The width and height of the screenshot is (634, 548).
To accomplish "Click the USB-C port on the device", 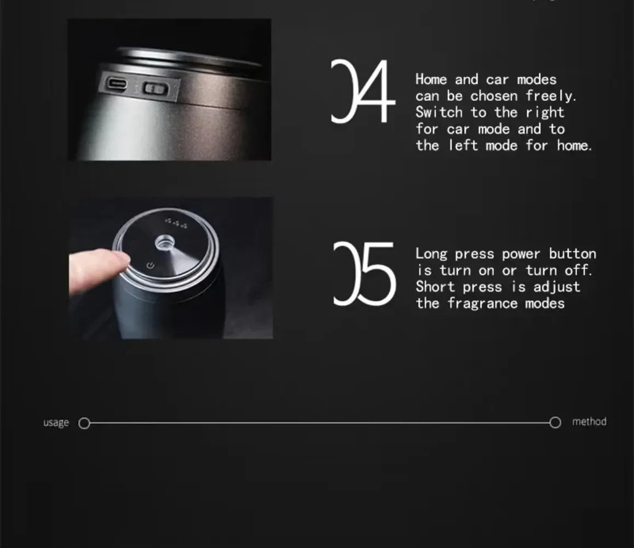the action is [x=117, y=84].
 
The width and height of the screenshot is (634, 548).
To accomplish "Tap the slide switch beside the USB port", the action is [x=155, y=88].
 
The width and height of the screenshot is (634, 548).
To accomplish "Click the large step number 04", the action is [x=362, y=91].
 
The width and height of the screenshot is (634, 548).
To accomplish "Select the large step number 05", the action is [x=364, y=273].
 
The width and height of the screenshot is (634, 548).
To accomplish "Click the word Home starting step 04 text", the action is [x=431, y=79].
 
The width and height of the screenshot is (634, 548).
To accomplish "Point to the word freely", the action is [x=551, y=96].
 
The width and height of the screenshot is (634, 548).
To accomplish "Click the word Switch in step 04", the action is [x=439, y=112].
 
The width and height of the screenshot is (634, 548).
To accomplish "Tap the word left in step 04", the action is [x=463, y=145].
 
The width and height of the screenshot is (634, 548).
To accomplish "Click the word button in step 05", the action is [x=572, y=254].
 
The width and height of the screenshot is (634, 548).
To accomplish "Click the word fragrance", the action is [x=482, y=304].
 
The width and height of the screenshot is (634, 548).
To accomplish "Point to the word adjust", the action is [x=557, y=287].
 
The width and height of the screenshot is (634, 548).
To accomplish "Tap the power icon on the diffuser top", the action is [x=151, y=265].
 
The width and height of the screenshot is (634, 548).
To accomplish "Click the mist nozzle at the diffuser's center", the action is [x=165, y=243].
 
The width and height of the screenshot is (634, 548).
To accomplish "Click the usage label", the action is [x=56, y=423].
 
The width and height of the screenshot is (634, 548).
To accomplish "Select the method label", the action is [x=589, y=422].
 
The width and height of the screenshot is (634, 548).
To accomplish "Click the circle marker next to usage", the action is [x=84, y=424].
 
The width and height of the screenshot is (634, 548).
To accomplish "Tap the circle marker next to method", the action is [x=555, y=423].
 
